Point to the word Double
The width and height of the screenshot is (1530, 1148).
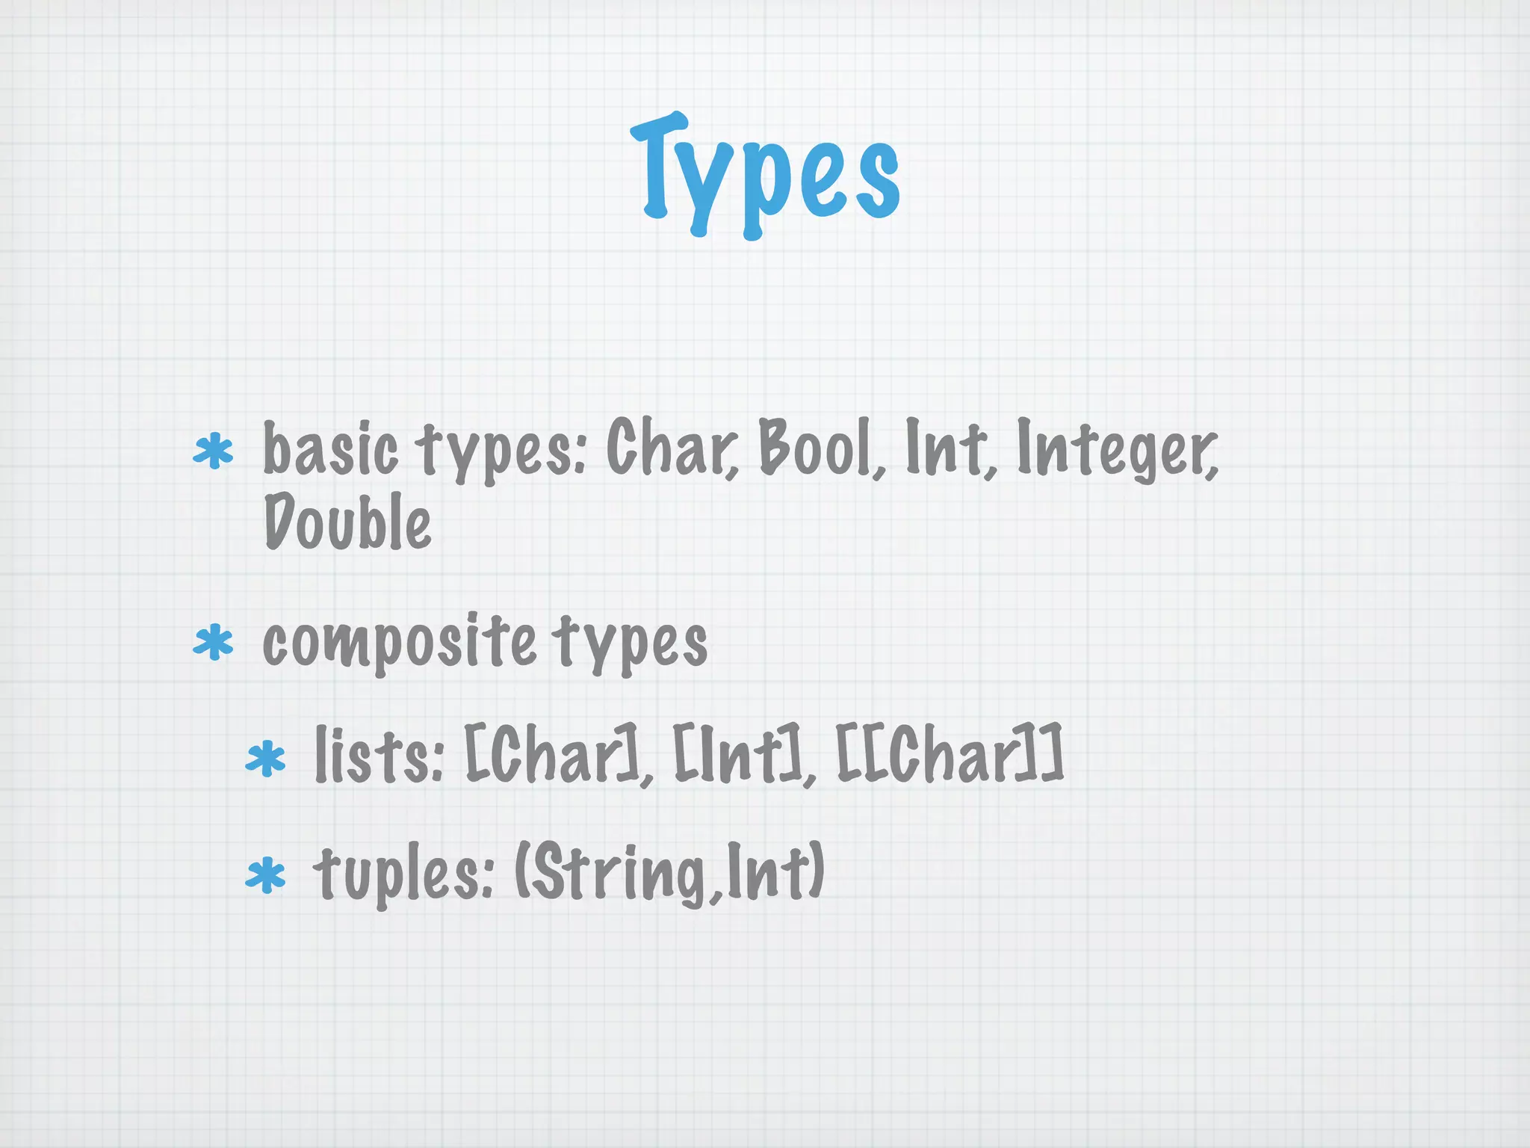tap(347, 522)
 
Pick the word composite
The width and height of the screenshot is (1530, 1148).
tap(399, 643)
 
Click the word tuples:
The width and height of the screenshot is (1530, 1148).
tap(403, 874)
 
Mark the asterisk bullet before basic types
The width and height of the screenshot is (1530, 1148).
tap(214, 451)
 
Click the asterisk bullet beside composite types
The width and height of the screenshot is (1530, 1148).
tap(214, 644)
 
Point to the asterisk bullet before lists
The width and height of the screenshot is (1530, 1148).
tap(266, 759)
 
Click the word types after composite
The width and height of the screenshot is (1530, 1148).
tap(631, 643)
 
